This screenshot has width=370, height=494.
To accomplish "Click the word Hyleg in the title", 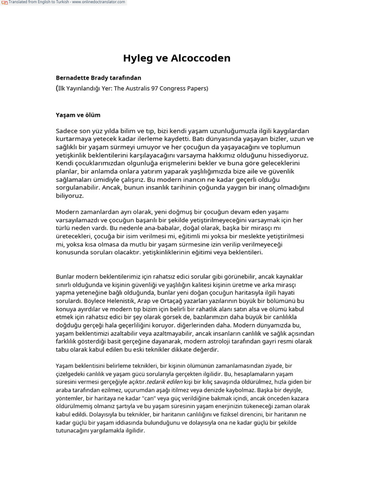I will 138,58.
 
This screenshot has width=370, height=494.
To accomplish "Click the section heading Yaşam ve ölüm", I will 78,115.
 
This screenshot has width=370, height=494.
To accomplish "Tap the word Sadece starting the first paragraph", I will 67,131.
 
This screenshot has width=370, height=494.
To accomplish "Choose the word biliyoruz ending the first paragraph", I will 69,196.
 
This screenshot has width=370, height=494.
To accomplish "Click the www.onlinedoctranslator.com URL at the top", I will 99,2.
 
